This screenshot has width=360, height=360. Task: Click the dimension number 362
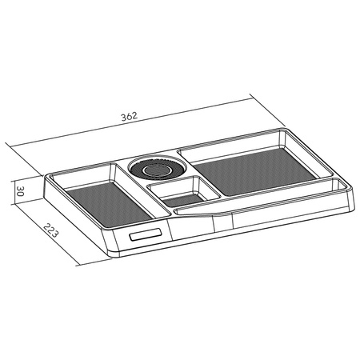point(130,117)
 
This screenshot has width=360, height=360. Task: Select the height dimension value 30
point(23,192)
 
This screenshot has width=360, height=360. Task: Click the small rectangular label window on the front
point(146,236)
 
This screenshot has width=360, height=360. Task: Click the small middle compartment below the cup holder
point(183,197)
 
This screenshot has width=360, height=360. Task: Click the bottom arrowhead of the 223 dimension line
point(80,265)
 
